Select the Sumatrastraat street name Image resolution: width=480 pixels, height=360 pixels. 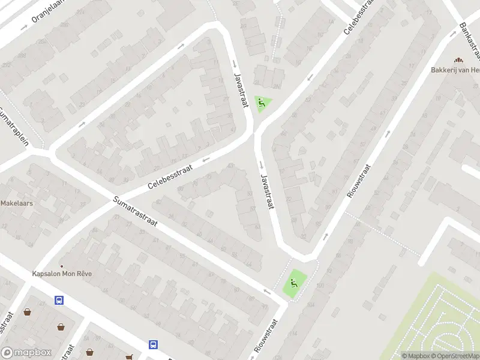(x=136, y=213)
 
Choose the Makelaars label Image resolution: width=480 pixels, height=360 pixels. (x=16, y=203)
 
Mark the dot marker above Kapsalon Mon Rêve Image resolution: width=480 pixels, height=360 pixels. (x=61, y=266)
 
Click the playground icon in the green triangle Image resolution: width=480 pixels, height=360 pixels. (x=262, y=104)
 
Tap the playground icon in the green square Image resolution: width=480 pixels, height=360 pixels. (x=294, y=283)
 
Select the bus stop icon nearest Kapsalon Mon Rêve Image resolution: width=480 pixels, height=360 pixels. (x=59, y=299)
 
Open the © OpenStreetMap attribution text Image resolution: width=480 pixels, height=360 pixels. (x=455, y=356)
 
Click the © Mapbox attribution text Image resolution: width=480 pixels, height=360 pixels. (x=416, y=356)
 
